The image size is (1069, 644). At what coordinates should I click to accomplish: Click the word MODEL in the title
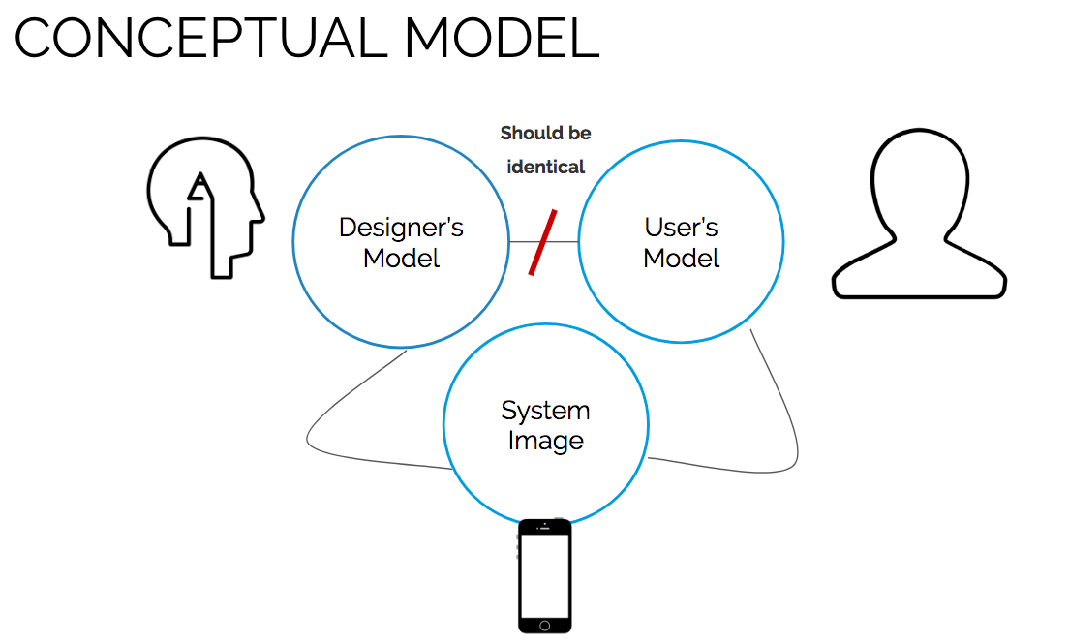[501, 39]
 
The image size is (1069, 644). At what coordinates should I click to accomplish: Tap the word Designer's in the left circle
[401, 228]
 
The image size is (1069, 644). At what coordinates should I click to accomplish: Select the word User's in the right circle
[681, 228]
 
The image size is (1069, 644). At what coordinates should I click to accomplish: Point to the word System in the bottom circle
[545, 411]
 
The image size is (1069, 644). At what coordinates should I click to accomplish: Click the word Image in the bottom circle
[545, 441]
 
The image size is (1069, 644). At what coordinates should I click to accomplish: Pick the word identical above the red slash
[546, 167]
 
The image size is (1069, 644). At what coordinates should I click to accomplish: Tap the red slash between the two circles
[542, 242]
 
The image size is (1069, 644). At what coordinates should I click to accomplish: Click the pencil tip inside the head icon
[200, 179]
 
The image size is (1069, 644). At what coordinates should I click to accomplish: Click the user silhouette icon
[919, 217]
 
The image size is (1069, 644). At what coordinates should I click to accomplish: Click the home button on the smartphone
[545, 624]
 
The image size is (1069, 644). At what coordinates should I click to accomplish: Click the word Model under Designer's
[401, 259]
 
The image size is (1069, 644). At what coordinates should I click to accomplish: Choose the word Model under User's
[681, 259]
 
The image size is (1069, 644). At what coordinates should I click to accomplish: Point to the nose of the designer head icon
[260, 206]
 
